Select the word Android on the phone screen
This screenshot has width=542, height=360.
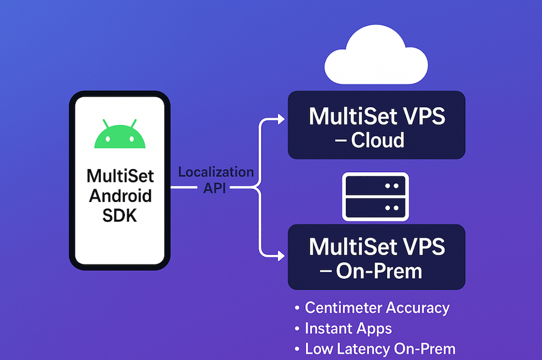tap(120, 196)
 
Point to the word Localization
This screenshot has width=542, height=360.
tap(216, 172)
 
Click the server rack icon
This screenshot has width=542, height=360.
tap(375, 197)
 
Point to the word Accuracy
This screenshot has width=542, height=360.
tap(417, 307)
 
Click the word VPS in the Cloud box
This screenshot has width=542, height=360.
tap(420, 116)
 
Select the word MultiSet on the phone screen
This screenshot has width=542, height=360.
tap(120, 176)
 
